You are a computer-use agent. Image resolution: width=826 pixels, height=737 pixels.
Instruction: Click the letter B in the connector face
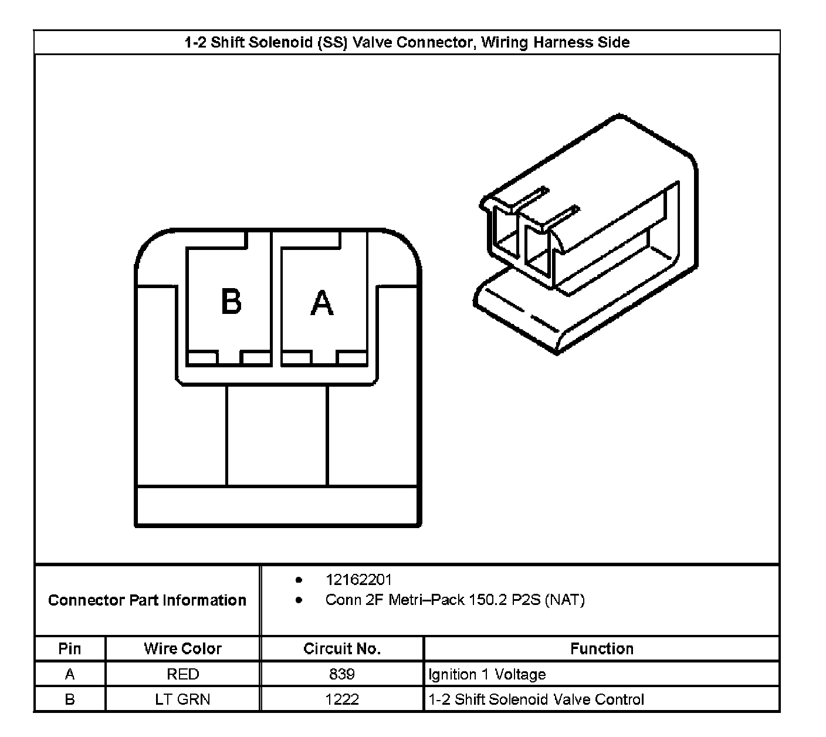(231, 302)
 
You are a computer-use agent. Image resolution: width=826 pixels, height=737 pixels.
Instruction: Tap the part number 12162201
(358, 580)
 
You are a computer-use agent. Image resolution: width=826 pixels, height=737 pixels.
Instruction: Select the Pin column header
(70, 648)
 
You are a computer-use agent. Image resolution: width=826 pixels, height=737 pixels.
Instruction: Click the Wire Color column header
(182, 648)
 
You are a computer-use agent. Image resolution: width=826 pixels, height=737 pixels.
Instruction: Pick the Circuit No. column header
(342, 648)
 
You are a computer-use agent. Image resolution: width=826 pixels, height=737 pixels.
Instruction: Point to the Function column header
(602, 648)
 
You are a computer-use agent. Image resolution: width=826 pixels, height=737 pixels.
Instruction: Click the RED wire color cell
(182, 674)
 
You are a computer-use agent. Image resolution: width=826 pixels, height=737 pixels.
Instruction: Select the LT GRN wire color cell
(182, 699)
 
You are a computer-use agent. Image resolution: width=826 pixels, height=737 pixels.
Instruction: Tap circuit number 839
(342, 674)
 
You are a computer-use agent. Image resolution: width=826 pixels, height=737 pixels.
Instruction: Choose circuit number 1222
(342, 699)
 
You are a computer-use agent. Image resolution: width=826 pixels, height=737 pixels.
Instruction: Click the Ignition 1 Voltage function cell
(487, 674)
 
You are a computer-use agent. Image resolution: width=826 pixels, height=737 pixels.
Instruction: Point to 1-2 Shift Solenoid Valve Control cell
(536, 699)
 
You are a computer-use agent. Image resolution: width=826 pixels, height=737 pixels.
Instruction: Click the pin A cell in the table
(70, 674)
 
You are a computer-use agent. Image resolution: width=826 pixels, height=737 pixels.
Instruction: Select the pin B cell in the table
(70, 699)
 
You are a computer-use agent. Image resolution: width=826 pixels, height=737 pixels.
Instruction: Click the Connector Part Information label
(147, 600)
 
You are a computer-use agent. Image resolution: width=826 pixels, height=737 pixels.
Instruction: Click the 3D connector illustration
(587, 235)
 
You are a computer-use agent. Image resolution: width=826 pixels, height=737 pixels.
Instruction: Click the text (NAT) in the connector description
(564, 600)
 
